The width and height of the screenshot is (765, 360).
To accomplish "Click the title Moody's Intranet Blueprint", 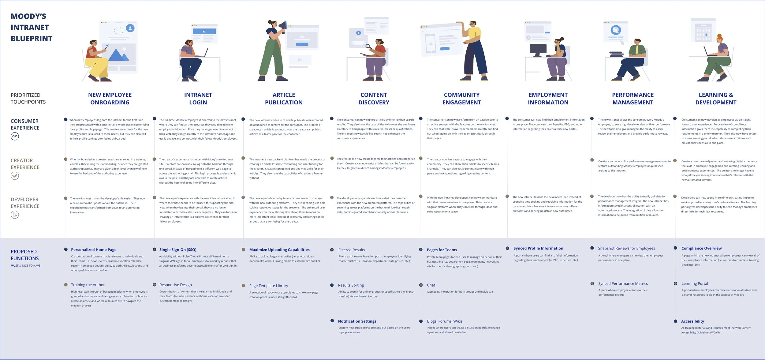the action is (32, 28).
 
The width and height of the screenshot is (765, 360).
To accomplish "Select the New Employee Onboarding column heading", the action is (110, 99).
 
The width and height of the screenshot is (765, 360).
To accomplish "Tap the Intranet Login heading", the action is (198, 99).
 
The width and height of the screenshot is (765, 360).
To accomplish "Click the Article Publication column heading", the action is (284, 99).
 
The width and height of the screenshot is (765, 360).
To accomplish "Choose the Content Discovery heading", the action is (374, 99).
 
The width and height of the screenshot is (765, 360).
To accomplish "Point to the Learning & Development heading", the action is (716, 99).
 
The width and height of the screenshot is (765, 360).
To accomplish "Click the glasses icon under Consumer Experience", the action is (15, 136).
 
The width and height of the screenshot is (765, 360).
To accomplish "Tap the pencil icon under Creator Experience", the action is (15, 176).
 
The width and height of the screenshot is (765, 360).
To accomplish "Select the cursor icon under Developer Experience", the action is (15, 215).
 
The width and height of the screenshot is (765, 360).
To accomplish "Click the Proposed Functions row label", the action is (25, 255).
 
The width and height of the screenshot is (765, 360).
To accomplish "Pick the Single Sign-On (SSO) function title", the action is (178, 250).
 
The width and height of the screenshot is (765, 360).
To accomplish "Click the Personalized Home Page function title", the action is (94, 250).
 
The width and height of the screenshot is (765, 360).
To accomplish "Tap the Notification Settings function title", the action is (357, 321).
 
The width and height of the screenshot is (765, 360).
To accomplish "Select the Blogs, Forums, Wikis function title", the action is (445, 321).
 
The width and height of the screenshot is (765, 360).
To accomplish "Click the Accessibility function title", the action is (692, 321).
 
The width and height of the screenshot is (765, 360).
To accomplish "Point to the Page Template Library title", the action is (269, 286).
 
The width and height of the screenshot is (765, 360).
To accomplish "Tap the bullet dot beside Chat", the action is (421, 285).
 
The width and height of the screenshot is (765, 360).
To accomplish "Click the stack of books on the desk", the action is (616, 54).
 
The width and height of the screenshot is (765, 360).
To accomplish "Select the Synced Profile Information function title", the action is (538, 249).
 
